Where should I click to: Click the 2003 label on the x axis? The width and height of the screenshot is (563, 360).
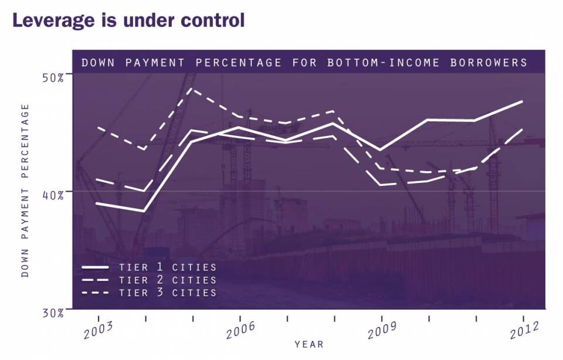point(98,330)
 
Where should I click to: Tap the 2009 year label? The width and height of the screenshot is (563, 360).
point(382,330)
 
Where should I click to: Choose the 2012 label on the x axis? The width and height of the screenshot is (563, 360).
point(523,330)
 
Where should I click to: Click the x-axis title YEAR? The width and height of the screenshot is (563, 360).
point(309,344)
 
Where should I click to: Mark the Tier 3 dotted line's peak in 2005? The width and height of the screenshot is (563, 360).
point(192,89)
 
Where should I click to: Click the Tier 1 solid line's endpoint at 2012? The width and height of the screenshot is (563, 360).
point(522,101)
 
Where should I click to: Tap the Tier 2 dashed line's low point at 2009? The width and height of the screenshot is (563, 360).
point(381,185)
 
